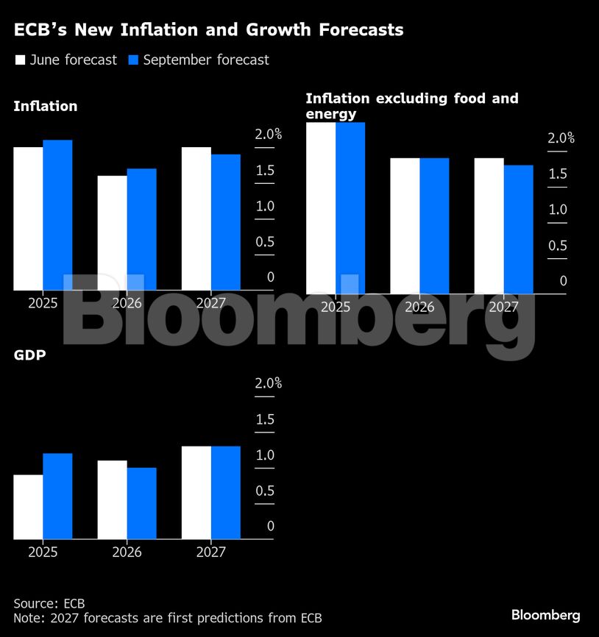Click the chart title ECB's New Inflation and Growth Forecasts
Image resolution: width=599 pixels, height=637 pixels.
(208, 30)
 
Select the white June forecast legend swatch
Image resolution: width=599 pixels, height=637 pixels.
(20, 60)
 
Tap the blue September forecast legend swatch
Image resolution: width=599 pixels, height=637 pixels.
(133, 60)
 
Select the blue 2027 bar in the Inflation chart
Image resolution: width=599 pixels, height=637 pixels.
(226, 222)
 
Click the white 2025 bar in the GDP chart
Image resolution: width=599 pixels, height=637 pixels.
(28, 507)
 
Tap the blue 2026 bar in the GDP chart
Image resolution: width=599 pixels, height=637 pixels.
(141, 503)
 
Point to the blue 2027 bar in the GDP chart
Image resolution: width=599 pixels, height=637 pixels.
(226, 492)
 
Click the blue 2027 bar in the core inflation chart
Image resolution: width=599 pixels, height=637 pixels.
(518, 229)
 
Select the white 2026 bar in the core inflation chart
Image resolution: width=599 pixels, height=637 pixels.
(405, 226)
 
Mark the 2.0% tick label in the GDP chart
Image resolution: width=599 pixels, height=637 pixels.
(268, 384)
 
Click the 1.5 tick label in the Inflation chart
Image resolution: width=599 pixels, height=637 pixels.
(265, 171)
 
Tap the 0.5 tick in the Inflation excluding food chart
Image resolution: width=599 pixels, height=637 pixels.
(558, 246)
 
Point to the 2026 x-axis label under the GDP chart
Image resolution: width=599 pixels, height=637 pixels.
(127, 552)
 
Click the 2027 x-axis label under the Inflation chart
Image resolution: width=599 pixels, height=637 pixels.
(211, 303)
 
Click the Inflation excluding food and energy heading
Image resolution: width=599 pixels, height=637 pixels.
(411, 106)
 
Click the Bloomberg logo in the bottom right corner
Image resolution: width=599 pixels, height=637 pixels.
(545, 615)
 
